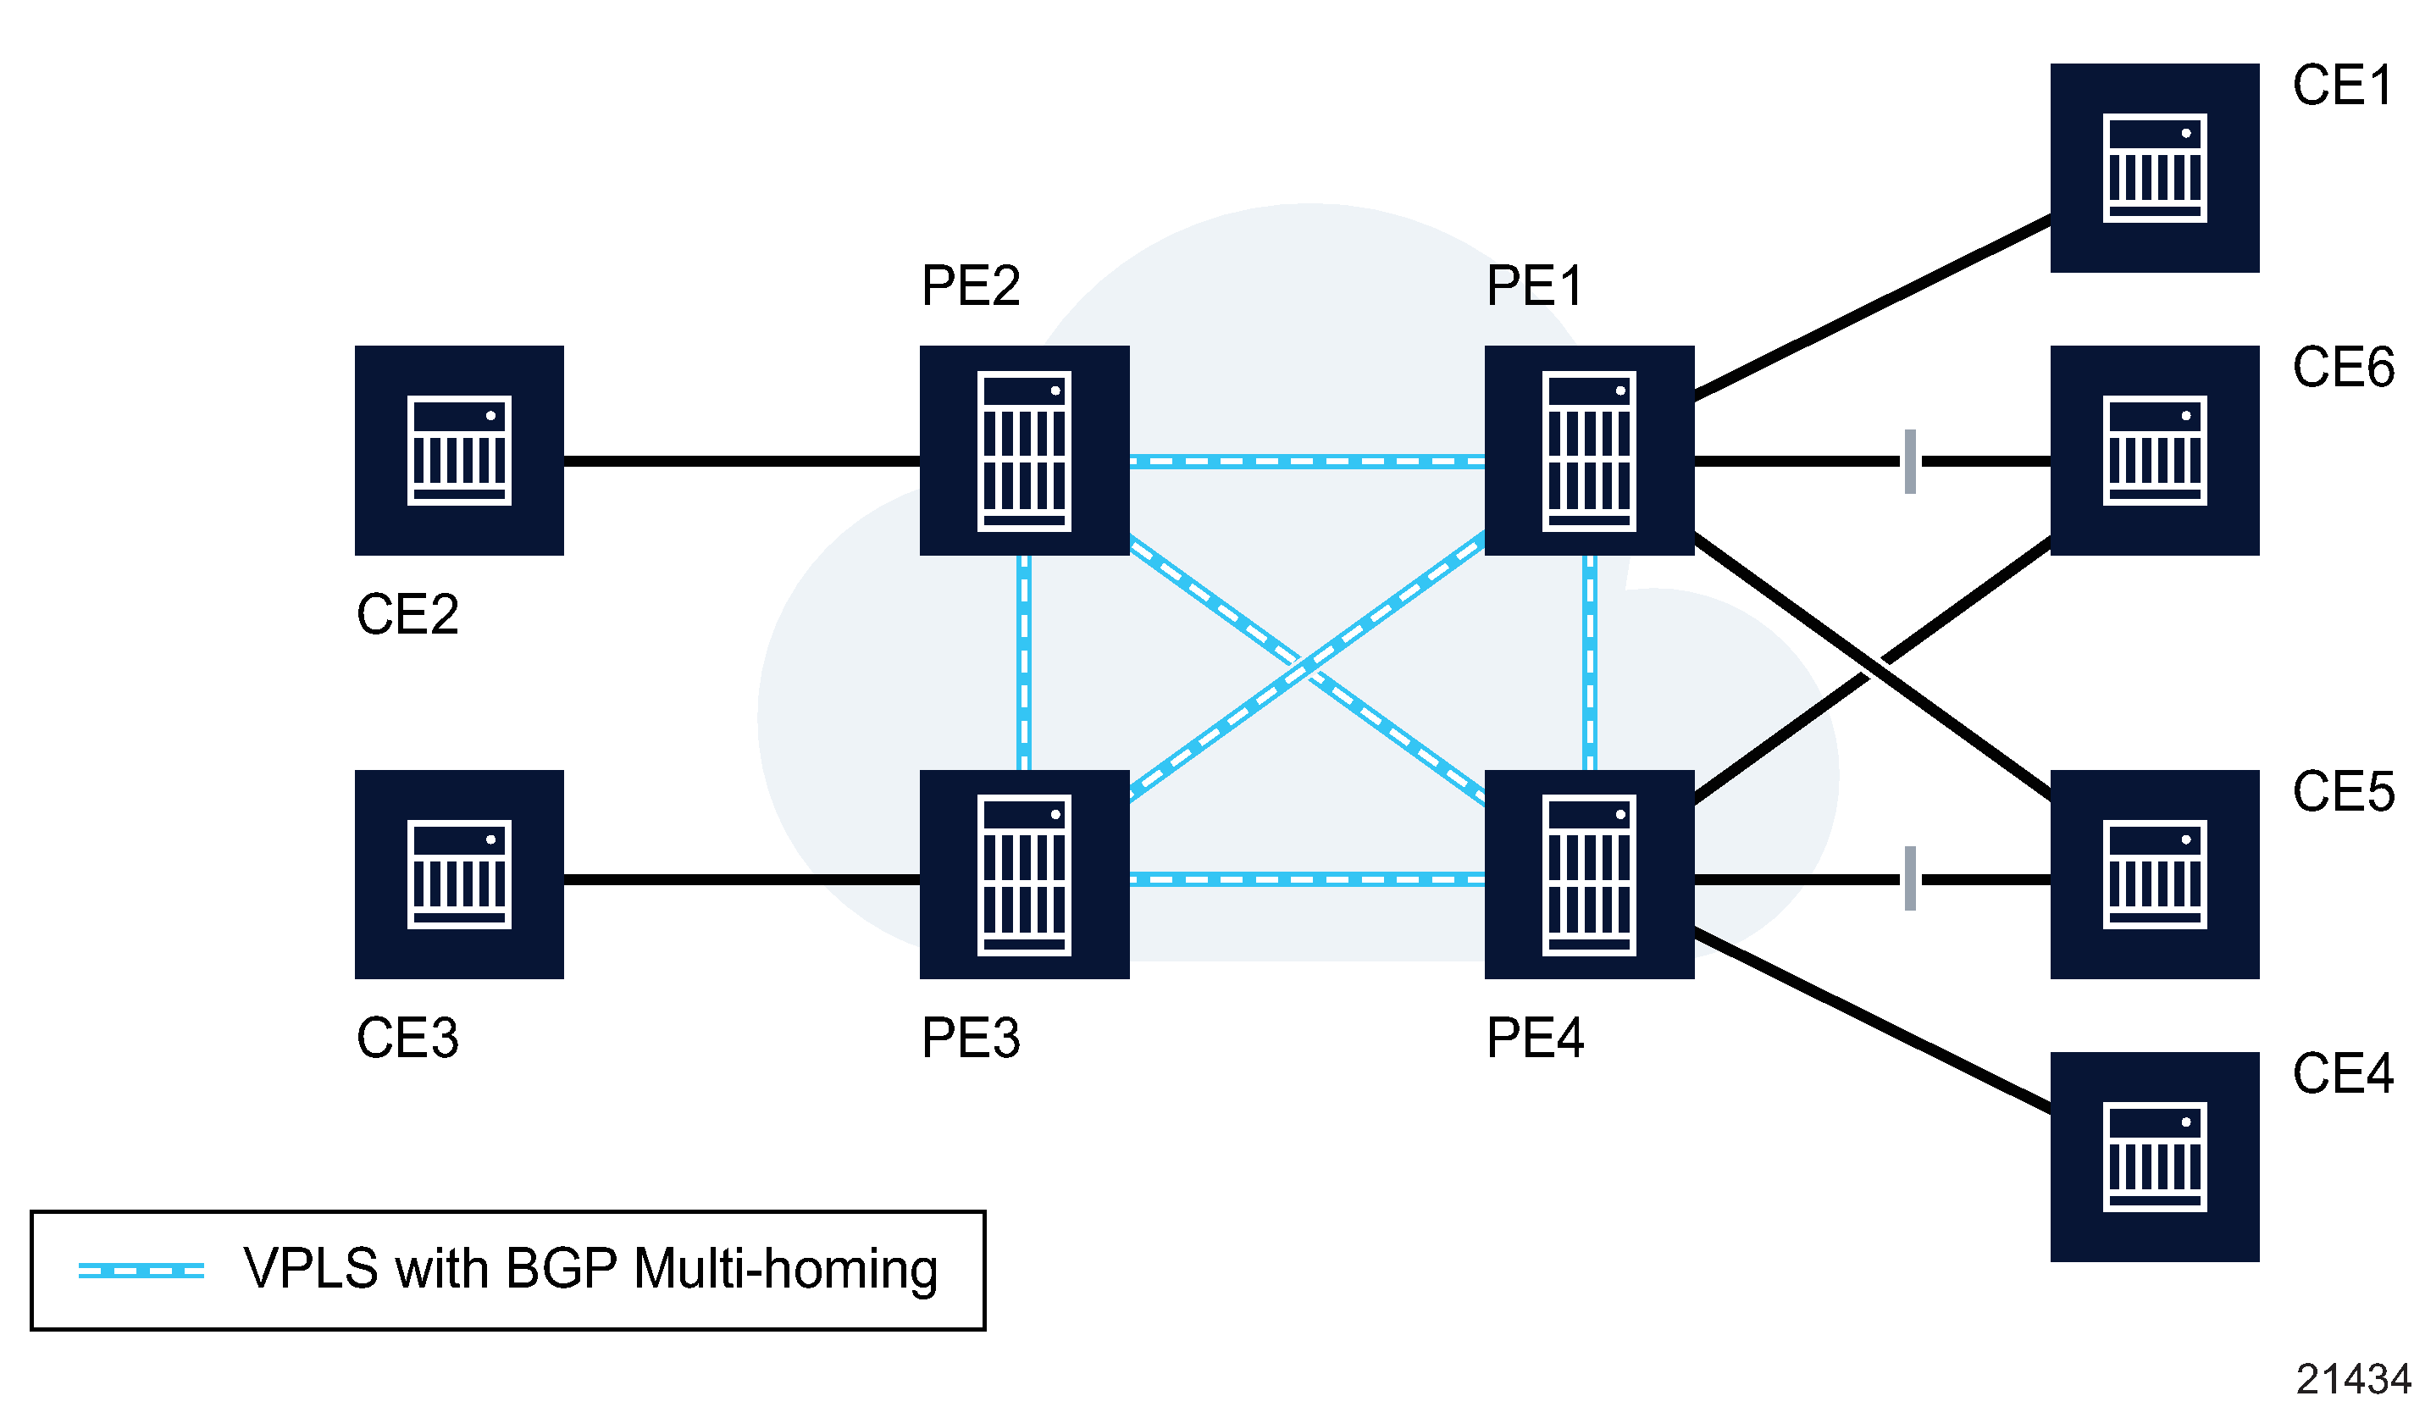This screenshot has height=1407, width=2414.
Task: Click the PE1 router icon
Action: pyautogui.click(x=1589, y=450)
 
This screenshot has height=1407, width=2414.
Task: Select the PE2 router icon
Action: pyautogui.click(x=1024, y=450)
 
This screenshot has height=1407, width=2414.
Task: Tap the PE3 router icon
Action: pyautogui.click(x=1024, y=874)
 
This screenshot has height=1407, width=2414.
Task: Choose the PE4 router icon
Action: pyautogui.click(x=1589, y=874)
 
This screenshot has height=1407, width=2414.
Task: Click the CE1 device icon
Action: pyautogui.click(x=2155, y=168)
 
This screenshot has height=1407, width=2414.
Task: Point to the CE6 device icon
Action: pyautogui.click(x=2155, y=450)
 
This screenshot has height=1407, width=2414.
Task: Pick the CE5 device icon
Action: pyautogui.click(x=2155, y=874)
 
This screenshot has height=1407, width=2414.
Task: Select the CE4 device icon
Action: pyautogui.click(x=2155, y=1157)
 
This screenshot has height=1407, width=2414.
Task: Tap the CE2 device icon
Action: pyautogui.click(x=459, y=450)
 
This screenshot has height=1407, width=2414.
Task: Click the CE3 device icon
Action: pyautogui.click(x=459, y=874)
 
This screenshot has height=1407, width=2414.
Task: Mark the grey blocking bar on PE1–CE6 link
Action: pyautogui.click(x=1910, y=462)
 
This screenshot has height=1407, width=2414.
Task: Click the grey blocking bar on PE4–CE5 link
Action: pyautogui.click(x=1910, y=878)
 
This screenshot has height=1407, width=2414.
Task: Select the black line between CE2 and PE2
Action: pyautogui.click(x=741, y=462)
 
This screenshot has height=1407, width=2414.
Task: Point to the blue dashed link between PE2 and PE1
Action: pyautogui.click(x=1307, y=462)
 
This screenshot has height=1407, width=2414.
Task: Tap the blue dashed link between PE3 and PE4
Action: pyautogui.click(x=1307, y=879)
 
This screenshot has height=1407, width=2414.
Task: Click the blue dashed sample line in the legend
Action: pyautogui.click(x=141, y=1271)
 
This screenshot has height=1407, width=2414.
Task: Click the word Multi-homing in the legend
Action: pyautogui.click(x=784, y=1269)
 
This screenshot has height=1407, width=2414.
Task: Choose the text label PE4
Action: pyautogui.click(x=1535, y=1039)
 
